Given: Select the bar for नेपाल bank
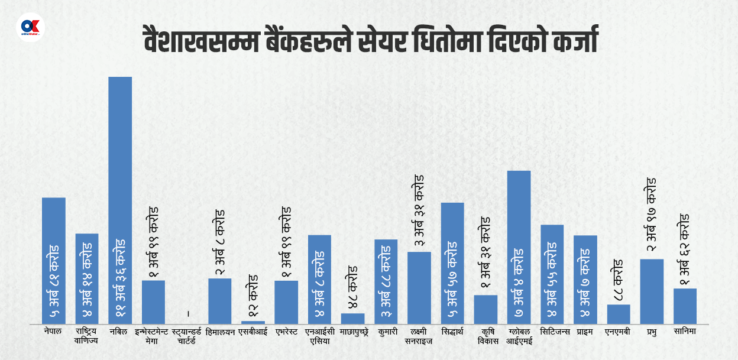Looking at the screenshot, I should pyautogui.click(x=54, y=260).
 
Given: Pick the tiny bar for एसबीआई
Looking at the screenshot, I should pyautogui.click(x=253, y=322).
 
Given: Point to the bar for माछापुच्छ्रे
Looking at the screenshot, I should pyautogui.click(x=353, y=319).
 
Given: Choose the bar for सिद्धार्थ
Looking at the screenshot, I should pyautogui.click(x=452, y=263).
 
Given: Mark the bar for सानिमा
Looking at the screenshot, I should pyautogui.click(x=685, y=306).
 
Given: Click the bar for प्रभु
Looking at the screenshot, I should pyautogui.click(x=652, y=291).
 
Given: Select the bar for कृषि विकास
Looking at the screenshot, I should pyautogui.click(x=485, y=309).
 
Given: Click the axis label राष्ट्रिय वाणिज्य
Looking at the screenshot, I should pyautogui.click(x=86, y=336).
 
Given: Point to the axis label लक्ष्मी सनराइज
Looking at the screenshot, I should pyautogui.click(x=419, y=336).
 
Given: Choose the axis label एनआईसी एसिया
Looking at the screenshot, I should pyautogui.click(x=319, y=336).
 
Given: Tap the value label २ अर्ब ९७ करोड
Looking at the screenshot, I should pyautogui.click(x=651, y=217).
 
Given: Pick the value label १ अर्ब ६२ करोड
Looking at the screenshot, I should pyautogui.click(x=685, y=249).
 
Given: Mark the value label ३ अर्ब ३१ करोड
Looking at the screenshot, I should pyautogui.click(x=419, y=211).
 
